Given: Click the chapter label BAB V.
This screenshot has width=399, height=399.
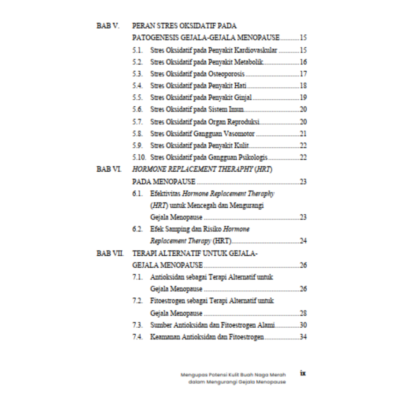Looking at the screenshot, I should point(108,26).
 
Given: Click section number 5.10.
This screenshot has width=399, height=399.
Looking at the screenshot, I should point(139,157).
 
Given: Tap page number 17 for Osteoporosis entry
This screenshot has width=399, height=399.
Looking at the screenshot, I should point(303,74).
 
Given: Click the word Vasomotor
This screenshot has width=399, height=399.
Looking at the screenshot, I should point(239,134).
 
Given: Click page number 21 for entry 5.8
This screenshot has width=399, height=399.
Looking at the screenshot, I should point(303,134).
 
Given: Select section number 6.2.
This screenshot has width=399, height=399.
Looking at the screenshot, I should point(137,229).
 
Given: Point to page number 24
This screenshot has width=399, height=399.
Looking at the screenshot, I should point(303,241).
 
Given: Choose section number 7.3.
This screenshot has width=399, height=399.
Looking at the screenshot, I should point(137,325).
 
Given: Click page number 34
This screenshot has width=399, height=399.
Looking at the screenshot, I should point(303,337).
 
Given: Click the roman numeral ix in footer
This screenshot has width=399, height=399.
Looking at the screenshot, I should point(303,373).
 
